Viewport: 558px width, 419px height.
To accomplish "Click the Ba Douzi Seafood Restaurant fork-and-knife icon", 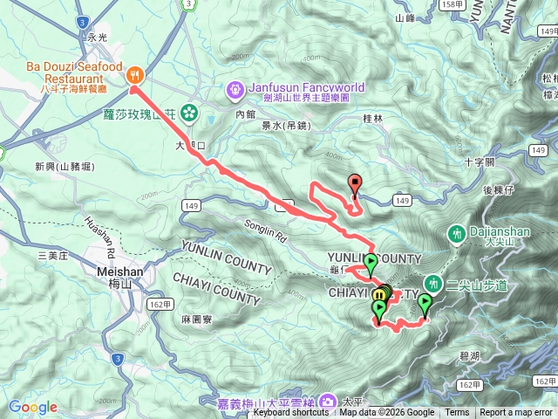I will [135, 74].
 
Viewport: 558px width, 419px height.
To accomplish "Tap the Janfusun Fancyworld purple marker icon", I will [235, 88].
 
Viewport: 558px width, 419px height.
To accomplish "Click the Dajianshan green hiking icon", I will [456, 233].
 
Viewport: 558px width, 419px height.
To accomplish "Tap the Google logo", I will [33, 407].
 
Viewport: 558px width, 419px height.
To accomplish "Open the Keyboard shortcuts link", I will [292, 413].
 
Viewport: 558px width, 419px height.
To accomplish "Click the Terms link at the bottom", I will [456, 413].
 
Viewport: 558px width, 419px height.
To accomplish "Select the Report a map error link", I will [516, 413].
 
